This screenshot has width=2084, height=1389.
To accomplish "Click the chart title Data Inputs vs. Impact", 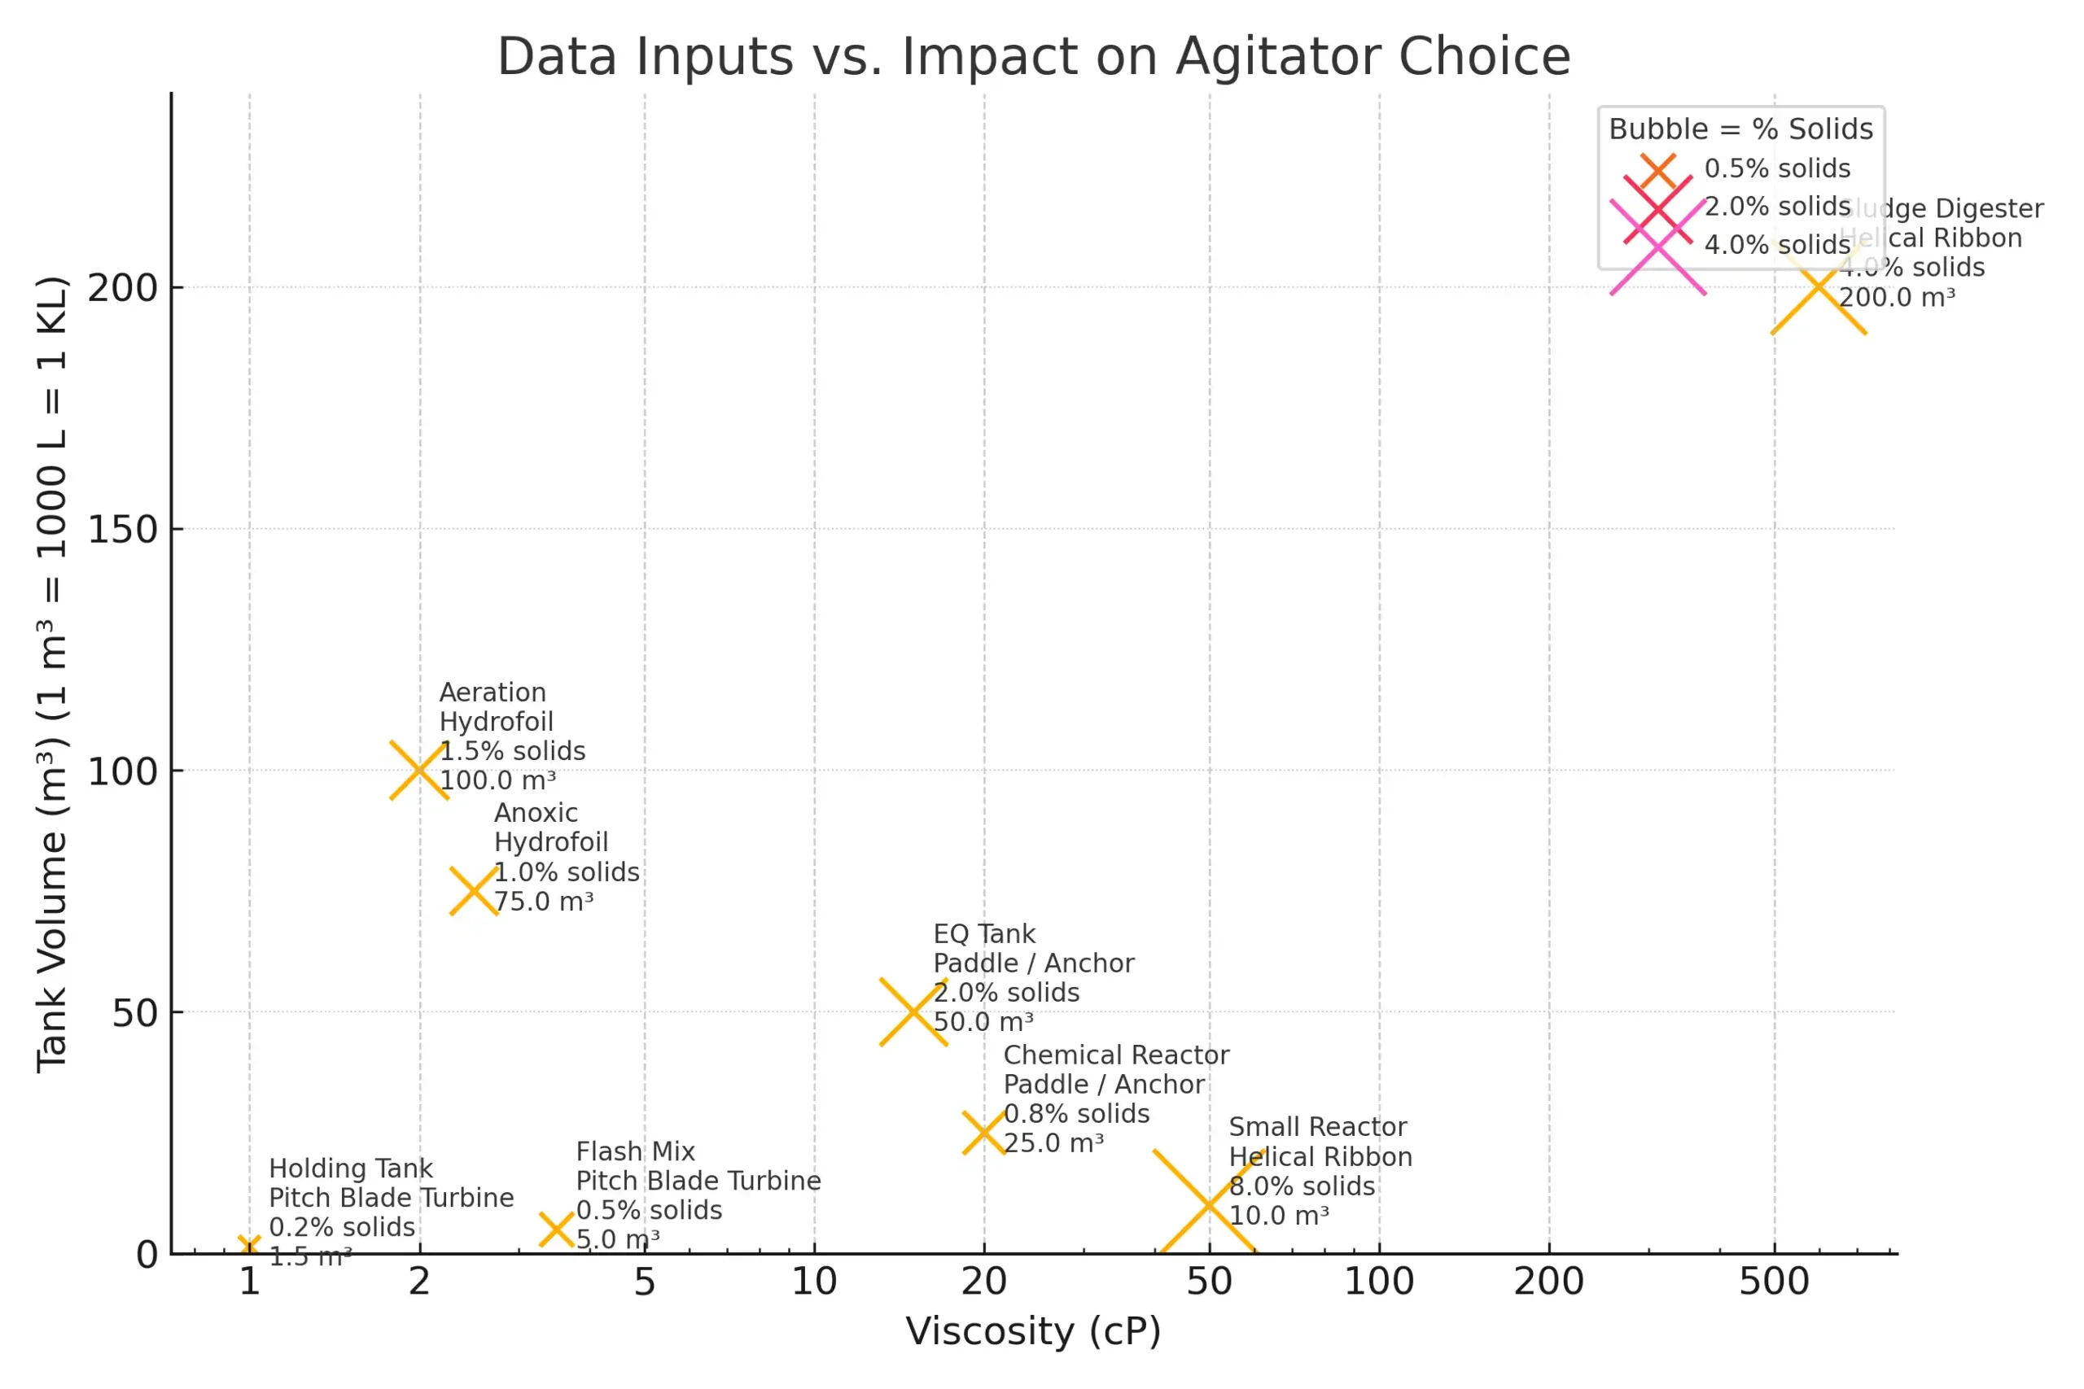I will [1033, 57].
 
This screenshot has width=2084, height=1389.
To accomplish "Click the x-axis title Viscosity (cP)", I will [1033, 1331].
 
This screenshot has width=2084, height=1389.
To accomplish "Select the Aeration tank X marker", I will [419, 770].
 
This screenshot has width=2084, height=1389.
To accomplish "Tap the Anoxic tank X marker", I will [474, 891].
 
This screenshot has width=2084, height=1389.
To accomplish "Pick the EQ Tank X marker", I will [913, 1011].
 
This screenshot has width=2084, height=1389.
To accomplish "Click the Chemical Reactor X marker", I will [984, 1133].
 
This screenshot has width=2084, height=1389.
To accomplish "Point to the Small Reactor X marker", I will [1209, 1205].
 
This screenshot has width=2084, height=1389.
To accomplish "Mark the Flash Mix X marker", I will [557, 1230].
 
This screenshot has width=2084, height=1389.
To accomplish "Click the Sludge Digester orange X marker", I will [1818, 287].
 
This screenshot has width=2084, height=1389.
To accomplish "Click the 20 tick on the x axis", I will [984, 1282].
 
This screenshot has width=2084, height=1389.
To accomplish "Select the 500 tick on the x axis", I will [1774, 1282].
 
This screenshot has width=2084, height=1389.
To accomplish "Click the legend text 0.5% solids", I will [1776, 168].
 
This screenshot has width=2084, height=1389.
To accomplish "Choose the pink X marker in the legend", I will [1657, 247].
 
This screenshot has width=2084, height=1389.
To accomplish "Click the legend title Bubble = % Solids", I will [1740, 129].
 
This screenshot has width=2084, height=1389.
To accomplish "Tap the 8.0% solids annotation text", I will [1302, 1186].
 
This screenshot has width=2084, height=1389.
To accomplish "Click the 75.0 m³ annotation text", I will [543, 902].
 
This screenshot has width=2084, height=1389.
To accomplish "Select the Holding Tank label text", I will [351, 1168].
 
